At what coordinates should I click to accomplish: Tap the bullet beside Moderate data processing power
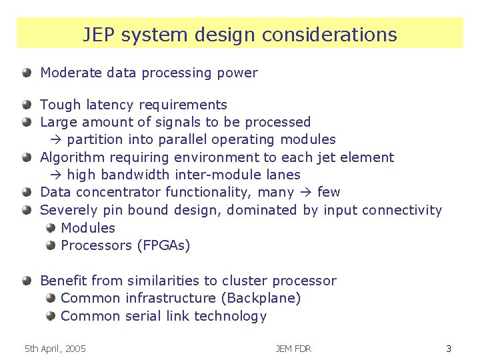click(x=27, y=73)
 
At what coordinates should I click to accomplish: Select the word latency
click(x=109, y=105)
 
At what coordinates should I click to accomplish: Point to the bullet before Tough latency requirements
click(x=27, y=105)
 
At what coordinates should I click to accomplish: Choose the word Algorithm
click(x=73, y=157)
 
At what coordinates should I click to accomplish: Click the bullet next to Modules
click(x=51, y=228)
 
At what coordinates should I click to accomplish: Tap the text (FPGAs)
click(x=163, y=245)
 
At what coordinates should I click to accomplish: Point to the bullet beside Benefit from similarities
click(x=27, y=281)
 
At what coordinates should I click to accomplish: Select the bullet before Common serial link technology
click(x=51, y=316)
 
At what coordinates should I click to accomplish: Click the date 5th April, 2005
click(x=55, y=349)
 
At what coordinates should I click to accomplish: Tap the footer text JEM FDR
click(x=293, y=349)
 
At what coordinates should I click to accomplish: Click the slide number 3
click(x=449, y=349)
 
